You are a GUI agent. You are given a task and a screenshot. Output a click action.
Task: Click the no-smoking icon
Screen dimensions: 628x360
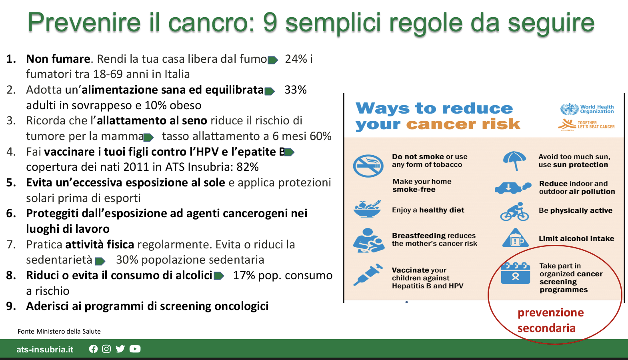pyautogui.click(x=368, y=166)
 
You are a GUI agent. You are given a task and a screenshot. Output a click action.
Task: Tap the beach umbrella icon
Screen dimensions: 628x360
pyautogui.click(x=514, y=161)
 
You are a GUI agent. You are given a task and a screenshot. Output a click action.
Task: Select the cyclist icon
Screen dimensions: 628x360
pyautogui.click(x=514, y=212)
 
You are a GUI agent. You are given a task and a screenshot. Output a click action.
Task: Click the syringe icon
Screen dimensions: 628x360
pyautogui.click(x=368, y=274)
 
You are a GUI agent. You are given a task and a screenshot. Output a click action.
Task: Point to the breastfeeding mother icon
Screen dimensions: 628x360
pyautogui.click(x=368, y=240)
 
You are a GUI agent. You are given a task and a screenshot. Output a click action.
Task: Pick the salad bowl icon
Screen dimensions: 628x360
pyautogui.click(x=367, y=209)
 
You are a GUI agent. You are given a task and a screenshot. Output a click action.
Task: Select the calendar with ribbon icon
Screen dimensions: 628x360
pyautogui.click(x=515, y=273)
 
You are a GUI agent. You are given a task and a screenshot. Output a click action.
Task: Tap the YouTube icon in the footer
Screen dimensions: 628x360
pyautogui.click(x=135, y=349)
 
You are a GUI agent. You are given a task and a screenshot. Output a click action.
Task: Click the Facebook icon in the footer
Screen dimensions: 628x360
pyautogui.click(x=93, y=349)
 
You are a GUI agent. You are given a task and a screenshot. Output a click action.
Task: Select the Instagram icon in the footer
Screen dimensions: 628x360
pyautogui.click(x=106, y=349)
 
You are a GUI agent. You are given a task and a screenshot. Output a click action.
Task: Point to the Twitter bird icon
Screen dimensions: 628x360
pyautogui.click(x=120, y=349)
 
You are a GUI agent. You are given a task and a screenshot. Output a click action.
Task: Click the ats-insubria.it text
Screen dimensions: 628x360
pyautogui.click(x=45, y=349)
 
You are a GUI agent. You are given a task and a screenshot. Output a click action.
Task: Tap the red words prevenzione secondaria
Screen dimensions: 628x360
pyautogui.click(x=551, y=320)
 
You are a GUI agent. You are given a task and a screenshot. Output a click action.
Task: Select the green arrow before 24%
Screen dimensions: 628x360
pyautogui.click(x=273, y=60)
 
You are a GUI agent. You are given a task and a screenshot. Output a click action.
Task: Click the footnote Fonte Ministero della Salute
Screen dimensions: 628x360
pyautogui.click(x=59, y=332)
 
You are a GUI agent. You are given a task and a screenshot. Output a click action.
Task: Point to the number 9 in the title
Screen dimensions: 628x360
pyautogui.click(x=270, y=22)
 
